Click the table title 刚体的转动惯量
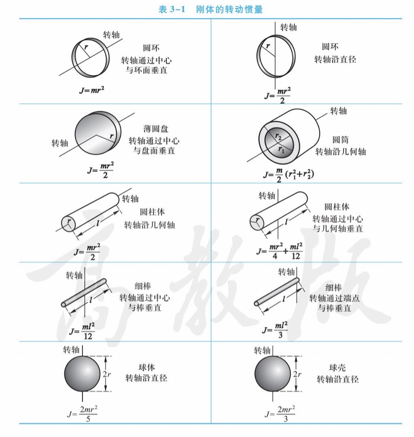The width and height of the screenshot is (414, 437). (x=229, y=10)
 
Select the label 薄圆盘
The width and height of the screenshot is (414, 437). (x=156, y=129)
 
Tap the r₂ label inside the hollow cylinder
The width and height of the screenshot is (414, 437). (x=278, y=136)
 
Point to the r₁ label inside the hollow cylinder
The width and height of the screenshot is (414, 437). (x=281, y=150)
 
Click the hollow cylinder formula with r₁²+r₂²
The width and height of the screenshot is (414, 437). (x=289, y=175)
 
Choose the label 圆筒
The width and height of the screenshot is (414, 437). (x=340, y=139)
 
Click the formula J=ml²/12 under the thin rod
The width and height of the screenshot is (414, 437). (x=82, y=331)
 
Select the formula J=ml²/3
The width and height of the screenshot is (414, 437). (x=275, y=330)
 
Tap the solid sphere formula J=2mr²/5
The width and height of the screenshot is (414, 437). (x=82, y=414)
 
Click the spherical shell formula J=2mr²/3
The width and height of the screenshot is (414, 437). (x=280, y=414)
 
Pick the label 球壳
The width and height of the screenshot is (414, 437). (x=337, y=367)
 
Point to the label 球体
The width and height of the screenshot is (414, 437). (x=146, y=367)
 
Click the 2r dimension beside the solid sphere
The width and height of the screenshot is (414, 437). (x=107, y=374)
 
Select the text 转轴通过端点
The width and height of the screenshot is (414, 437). (x=334, y=298)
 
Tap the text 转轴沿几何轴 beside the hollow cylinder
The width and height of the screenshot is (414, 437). (x=341, y=151)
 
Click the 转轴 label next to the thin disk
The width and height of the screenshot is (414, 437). (x=60, y=143)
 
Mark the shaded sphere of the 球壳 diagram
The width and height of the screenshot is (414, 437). (x=273, y=374)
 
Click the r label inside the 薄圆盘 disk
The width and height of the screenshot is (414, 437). (x=111, y=136)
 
